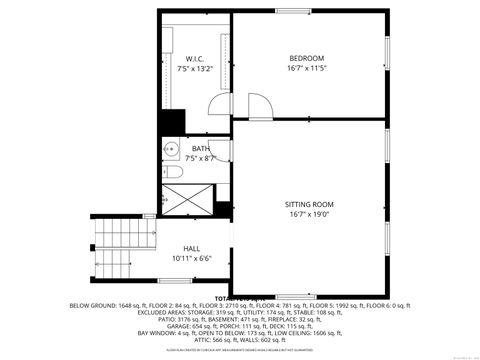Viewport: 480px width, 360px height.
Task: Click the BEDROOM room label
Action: [306, 58]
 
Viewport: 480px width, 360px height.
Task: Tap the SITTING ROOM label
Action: [309, 203]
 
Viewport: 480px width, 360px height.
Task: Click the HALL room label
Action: [191, 248]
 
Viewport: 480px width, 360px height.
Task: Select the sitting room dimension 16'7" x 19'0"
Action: [309, 214]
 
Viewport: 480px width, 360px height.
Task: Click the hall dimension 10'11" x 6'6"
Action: [190, 259]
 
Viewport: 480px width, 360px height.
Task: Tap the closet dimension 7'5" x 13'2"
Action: [194, 70]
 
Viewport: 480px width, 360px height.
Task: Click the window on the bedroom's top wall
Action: [291, 11]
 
